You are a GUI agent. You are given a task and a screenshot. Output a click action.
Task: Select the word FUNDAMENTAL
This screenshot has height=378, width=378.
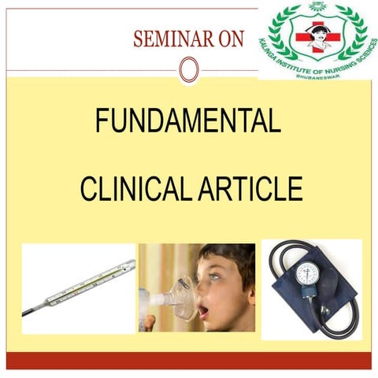187,122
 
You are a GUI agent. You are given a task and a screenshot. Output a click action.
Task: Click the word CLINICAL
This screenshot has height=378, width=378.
131,190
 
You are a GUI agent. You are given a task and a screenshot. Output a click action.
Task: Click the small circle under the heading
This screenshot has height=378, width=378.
187,70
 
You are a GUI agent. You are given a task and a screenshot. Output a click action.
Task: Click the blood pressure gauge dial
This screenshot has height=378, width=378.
309,276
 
